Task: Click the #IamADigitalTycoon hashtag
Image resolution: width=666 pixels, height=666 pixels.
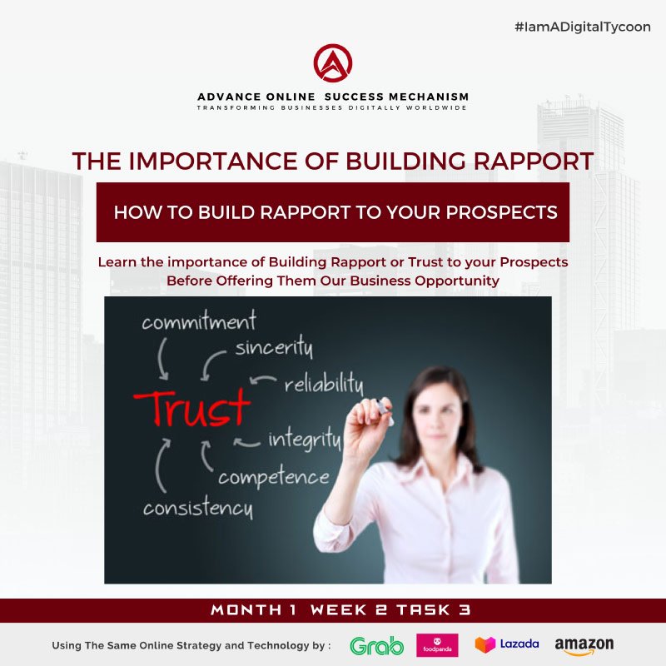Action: tap(582, 27)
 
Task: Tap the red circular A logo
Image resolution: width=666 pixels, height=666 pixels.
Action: tap(333, 63)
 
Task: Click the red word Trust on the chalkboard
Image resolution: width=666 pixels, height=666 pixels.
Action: tap(192, 408)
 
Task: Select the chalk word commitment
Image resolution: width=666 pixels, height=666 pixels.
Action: tap(199, 321)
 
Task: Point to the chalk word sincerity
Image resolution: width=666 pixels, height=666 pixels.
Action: tap(275, 347)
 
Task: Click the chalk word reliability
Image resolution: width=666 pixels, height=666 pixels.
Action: tap(324, 384)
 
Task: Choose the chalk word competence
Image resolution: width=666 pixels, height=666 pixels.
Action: tap(274, 477)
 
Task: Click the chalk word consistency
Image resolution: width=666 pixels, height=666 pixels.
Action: tap(198, 507)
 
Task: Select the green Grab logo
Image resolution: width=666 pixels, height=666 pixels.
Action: tap(377, 646)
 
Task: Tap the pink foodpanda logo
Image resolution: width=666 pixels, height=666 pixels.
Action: tap(437, 645)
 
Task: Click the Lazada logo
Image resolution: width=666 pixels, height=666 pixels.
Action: tap(507, 644)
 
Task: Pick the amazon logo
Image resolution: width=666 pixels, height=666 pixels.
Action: tap(584, 646)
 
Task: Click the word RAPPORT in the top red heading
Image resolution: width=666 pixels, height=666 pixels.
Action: tap(534, 162)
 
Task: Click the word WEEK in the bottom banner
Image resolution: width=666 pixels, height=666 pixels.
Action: tap(339, 610)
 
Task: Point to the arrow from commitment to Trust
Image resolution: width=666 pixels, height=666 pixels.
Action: tap(161, 359)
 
